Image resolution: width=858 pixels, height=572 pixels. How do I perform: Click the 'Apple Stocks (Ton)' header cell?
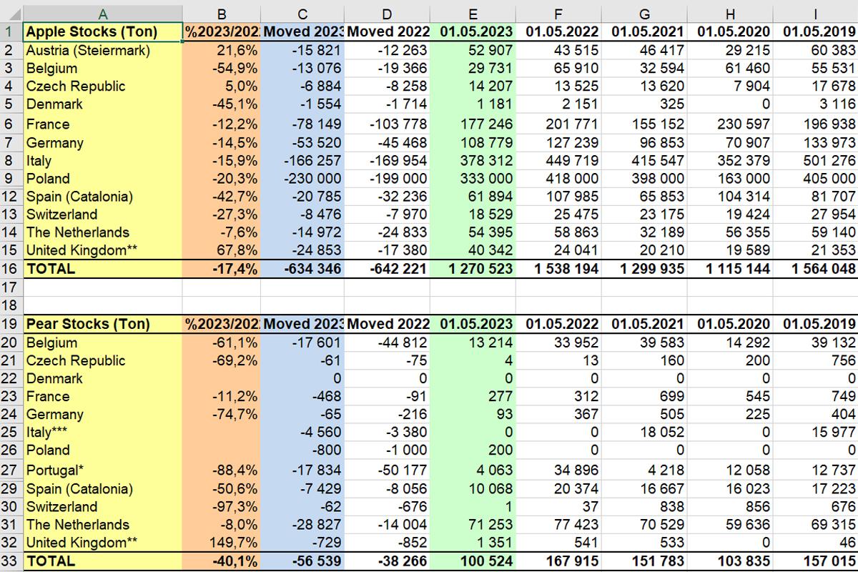point(102,32)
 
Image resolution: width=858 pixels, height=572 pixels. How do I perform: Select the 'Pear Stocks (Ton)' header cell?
point(102,324)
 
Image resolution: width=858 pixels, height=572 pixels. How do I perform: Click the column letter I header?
point(816,14)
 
